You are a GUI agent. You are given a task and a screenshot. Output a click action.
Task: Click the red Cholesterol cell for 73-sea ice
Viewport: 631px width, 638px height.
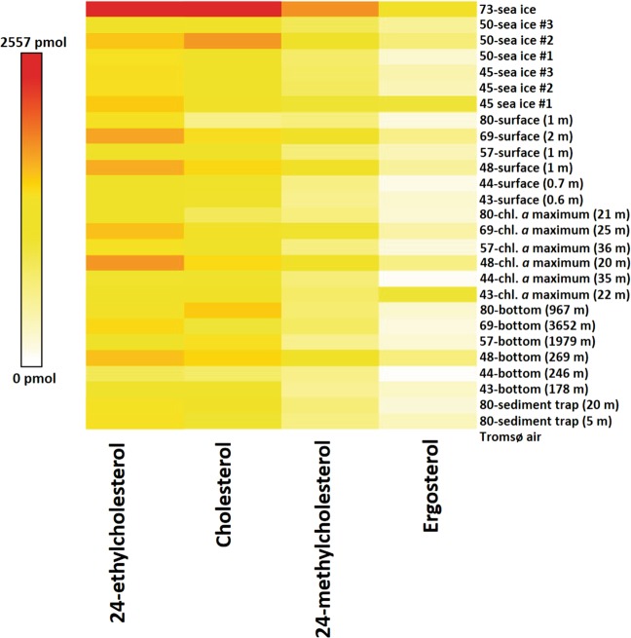pos(232,9)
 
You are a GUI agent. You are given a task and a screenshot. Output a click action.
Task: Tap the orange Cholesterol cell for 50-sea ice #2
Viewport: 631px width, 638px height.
pos(232,41)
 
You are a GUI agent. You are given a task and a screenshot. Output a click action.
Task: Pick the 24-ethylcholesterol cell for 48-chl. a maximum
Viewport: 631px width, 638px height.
pos(134,262)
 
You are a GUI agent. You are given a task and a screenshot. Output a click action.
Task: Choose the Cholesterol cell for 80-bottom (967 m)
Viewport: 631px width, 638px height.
pos(232,310)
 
